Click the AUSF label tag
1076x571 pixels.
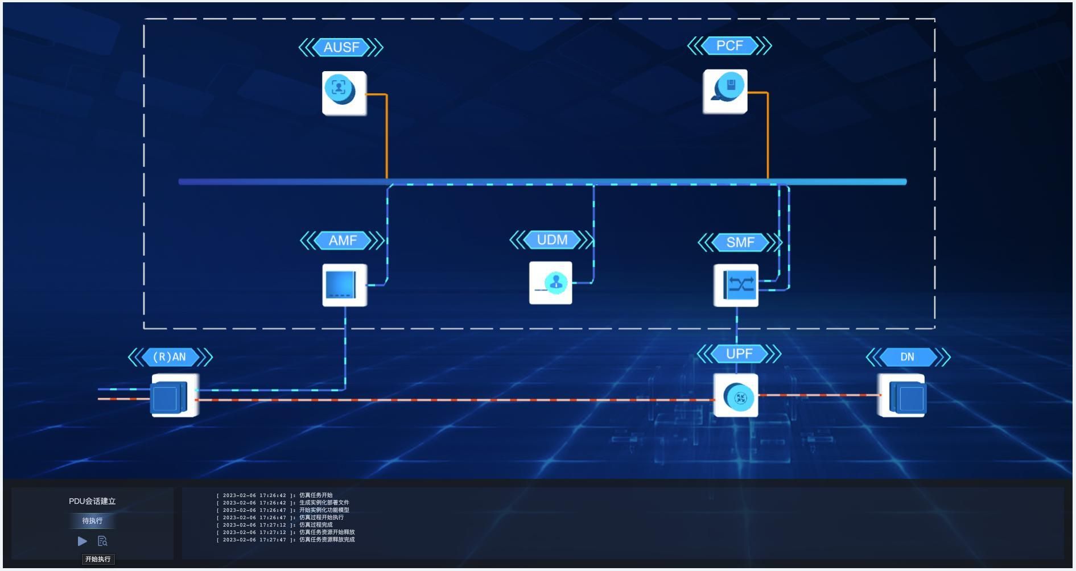(341, 47)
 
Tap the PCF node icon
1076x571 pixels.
(725, 92)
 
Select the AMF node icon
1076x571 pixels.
(344, 285)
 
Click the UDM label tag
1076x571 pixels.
(551, 240)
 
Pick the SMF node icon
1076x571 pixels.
(736, 285)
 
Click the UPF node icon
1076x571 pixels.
(736, 396)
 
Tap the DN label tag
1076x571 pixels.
(908, 357)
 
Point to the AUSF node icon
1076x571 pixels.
(344, 93)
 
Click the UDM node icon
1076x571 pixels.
(550, 283)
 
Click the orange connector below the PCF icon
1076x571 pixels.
(768, 136)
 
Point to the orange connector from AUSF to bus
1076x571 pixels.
(387, 136)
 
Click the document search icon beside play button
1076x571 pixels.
(102, 541)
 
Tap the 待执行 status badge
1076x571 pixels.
(92, 520)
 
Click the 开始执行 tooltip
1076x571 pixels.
(98, 559)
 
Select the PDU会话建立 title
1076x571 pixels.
(92, 501)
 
